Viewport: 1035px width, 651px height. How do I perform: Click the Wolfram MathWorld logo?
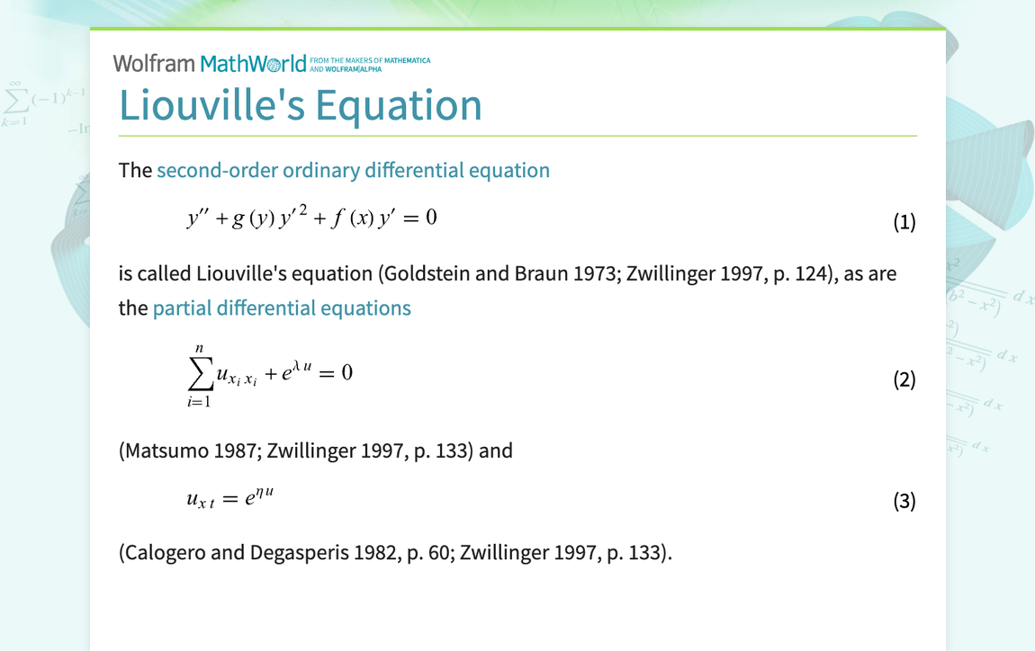click(x=216, y=64)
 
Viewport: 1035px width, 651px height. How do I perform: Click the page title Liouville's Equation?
click(x=301, y=105)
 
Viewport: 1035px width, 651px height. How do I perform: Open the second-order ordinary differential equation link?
click(x=353, y=170)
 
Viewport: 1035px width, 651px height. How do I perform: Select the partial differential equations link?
click(x=282, y=308)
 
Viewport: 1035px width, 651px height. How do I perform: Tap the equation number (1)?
click(x=904, y=222)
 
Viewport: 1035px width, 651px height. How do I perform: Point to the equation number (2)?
click(x=904, y=379)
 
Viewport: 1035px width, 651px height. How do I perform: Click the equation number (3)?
click(x=904, y=501)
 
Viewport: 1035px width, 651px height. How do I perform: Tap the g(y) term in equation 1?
click(x=249, y=218)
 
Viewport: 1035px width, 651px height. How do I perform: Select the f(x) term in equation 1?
click(x=349, y=218)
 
